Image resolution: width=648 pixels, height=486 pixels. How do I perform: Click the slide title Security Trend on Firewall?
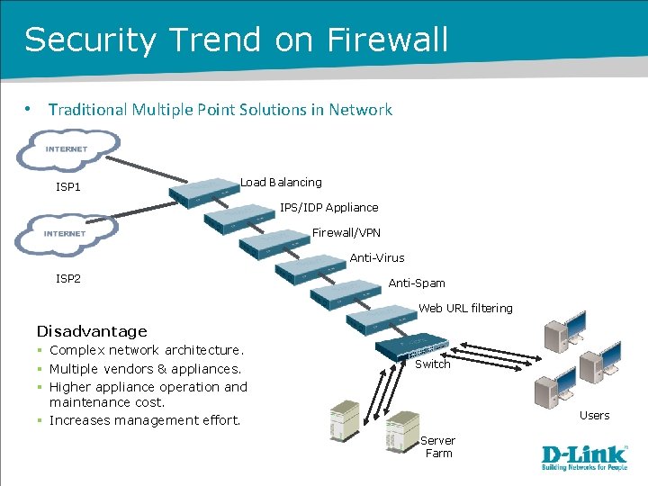236,40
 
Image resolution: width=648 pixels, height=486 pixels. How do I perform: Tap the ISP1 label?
68,187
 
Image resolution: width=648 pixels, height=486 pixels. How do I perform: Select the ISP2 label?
68,279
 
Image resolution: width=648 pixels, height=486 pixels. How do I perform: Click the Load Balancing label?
281,183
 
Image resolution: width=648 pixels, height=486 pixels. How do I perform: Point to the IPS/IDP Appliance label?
328,208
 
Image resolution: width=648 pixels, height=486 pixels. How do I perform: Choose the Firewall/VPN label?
346,233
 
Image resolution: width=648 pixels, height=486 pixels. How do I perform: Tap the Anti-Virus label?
377,258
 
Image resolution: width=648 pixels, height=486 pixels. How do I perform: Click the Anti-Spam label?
416,283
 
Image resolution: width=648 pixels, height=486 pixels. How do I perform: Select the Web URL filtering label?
465,309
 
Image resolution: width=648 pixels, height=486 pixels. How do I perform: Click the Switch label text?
432,364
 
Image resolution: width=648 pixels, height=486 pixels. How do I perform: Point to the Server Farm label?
438,447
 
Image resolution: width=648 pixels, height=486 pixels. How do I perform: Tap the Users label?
594,416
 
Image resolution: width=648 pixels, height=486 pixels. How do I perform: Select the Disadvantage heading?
92,331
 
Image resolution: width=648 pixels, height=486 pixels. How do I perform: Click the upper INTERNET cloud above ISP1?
67,148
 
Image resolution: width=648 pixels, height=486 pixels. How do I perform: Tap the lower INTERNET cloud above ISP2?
66,233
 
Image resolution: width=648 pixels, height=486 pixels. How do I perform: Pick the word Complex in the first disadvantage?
77,350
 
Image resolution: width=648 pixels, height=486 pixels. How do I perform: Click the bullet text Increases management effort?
145,420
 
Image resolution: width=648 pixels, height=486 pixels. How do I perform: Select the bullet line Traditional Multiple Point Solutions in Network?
220,110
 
